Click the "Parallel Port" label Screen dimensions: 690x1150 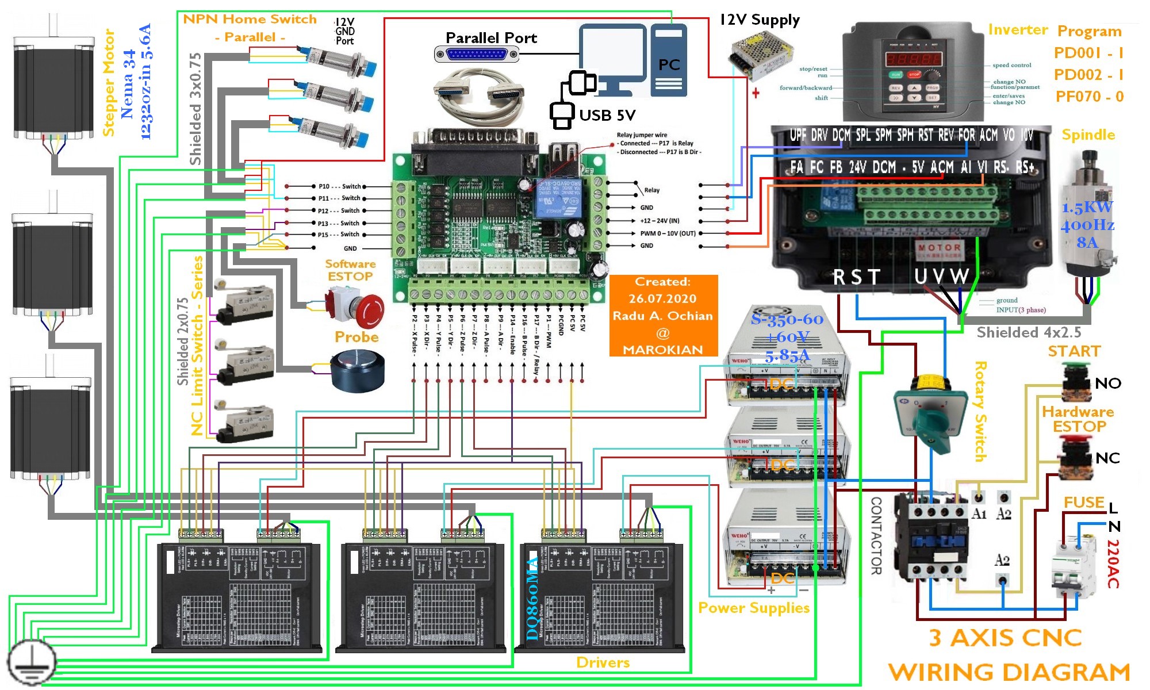pyautogui.click(x=491, y=38)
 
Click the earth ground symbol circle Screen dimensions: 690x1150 pyautogui.click(x=32, y=662)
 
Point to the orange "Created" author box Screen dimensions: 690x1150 pyautogui.click(x=663, y=316)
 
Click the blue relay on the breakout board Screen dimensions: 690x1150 pyautogui.click(x=557, y=197)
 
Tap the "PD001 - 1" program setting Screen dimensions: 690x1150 pyautogui.click(x=1088, y=53)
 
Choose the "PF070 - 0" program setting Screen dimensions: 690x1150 pyautogui.click(x=1089, y=97)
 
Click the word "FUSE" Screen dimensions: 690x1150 pyautogui.click(x=1083, y=503)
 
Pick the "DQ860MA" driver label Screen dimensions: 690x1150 pyautogui.click(x=532, y=598)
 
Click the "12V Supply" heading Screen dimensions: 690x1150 pyautogui.click(x=760, y=20)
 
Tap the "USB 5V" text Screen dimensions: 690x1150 pyautogui.click(x=607, y=116)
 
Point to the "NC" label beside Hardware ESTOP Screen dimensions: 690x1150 pyautogui.click(x=1107, y=458)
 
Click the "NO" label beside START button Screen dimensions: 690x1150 pyautogui.click(x=1107, y=384)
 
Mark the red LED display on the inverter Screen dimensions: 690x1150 pyautogui.click(x=913, y=59)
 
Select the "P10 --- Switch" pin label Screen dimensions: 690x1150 pyautogui.click(x=339, y=186)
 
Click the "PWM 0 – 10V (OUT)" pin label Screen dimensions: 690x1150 pyautogui.click(x=668, y=233)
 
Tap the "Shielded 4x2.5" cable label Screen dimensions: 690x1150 pyautogui.click(x=1029, y=333)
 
